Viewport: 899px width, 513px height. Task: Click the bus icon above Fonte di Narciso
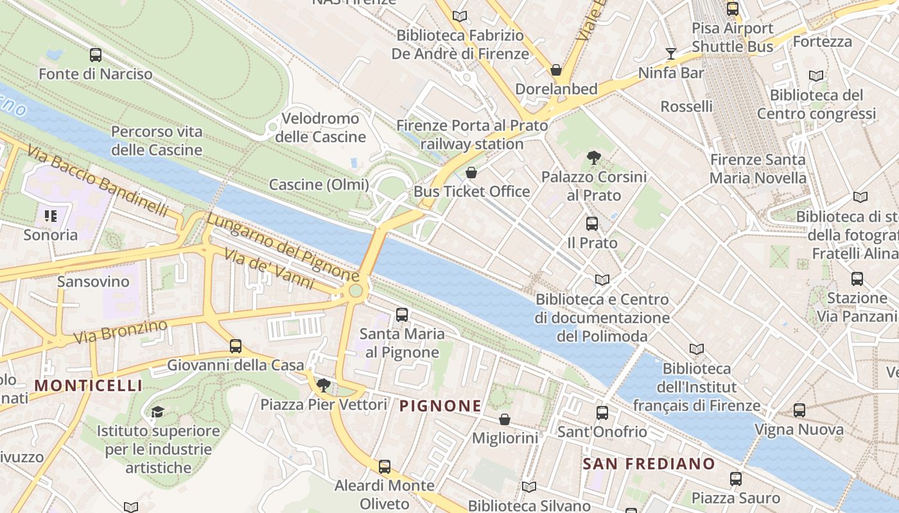point(96,55)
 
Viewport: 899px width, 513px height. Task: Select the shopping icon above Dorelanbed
point(556,70)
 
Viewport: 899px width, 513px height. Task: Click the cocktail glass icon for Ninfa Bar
point(671,53)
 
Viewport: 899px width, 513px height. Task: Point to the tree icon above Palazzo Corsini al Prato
point(594,157)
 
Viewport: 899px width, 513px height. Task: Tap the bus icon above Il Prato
point(592,224)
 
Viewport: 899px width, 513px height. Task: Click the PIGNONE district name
point(440,406)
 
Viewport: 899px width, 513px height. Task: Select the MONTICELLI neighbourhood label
point(89,385)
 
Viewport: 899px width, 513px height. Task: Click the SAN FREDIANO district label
point(649,464)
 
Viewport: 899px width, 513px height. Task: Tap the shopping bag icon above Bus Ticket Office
point(471,172)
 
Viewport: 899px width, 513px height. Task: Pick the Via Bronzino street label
point(120,331)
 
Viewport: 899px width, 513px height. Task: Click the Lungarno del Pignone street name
point(283,247)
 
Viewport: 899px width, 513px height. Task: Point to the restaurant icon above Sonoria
point(51,215)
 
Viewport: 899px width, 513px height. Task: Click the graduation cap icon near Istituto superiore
point(158,412)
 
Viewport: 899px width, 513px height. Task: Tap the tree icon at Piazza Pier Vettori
point(324,385)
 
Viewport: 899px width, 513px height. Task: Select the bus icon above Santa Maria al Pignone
point(402,314)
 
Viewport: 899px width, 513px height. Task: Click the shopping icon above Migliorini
point(505,419)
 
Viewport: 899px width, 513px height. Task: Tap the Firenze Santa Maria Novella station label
point(758,169)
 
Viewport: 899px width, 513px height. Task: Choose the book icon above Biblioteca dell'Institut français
point(697,349)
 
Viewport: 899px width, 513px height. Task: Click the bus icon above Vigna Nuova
point(799,410)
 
